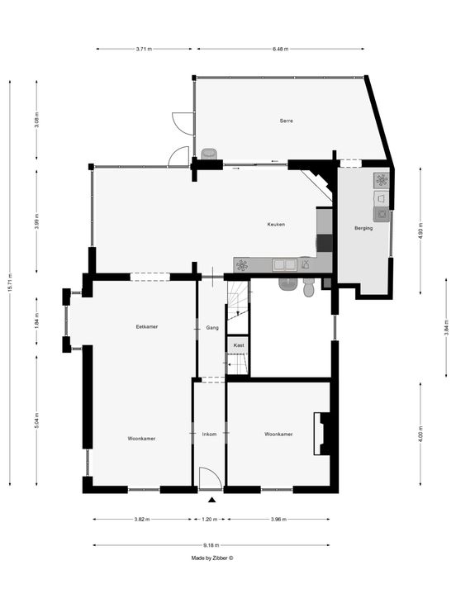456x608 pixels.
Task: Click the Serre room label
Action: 286,121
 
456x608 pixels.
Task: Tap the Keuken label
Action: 276,225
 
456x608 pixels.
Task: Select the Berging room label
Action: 363,228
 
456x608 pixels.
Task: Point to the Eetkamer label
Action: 146,327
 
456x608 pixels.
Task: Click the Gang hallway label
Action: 212,328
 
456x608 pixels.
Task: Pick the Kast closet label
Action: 239,345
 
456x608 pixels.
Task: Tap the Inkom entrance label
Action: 209,435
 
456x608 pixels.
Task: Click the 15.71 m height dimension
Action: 10,283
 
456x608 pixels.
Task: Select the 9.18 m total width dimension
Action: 211,545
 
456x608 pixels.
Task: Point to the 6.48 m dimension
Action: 280,50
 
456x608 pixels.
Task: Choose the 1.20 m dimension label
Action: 209,520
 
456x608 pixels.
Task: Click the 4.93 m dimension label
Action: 420,230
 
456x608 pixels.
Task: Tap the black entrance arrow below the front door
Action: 211,501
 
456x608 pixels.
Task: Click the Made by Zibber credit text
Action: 212,558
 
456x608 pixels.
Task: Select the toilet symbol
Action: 309,287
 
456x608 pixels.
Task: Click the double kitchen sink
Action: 284,265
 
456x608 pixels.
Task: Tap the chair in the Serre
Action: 209,154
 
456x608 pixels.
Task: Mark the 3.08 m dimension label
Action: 37,121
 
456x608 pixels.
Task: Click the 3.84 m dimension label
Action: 447,328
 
